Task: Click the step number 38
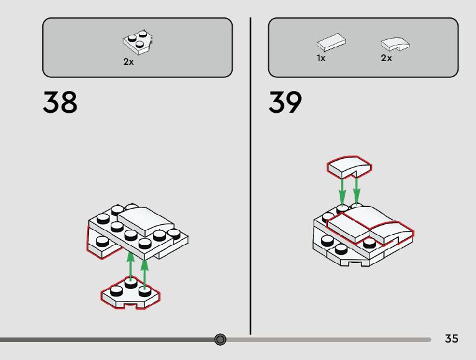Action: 60,102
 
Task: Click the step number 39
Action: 286,102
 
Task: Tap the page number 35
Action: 452,339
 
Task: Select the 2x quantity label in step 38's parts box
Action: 129,62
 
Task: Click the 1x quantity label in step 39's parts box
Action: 321,58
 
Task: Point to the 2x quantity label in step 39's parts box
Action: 386,58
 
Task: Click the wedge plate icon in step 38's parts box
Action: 138,42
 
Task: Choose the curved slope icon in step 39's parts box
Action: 396,44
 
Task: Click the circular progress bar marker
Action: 220,339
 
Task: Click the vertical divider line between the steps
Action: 251,174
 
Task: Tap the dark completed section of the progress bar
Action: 106,339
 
